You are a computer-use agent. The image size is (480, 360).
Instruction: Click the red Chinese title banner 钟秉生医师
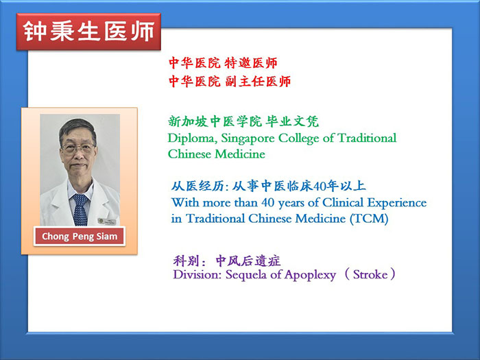pos(88,32)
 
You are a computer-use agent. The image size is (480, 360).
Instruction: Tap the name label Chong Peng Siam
pos(80,237)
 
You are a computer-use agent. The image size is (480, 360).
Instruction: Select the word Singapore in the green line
pos(248,139)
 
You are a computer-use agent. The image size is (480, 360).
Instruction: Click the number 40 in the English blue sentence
pos(268,203)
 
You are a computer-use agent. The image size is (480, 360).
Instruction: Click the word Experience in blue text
pos(397,203)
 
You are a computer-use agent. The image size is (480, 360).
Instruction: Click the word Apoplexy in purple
pos(310,275)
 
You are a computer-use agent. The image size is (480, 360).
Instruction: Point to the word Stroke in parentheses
pos(370,274)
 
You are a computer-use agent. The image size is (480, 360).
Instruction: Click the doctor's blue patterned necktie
pos(80,210)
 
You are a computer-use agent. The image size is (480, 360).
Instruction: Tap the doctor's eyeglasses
pos(77,149)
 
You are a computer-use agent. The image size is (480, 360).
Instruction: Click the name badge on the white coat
pos(107,221)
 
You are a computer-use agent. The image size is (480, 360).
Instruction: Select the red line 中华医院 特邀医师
pos(223,63)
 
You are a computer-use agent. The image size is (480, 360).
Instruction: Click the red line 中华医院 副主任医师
pos(230,82)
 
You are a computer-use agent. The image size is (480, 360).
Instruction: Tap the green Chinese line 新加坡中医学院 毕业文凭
pos(243,121)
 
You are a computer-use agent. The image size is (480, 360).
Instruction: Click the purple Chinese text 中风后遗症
pos(248,261)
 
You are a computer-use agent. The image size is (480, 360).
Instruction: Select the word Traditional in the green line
pos(367,138)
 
